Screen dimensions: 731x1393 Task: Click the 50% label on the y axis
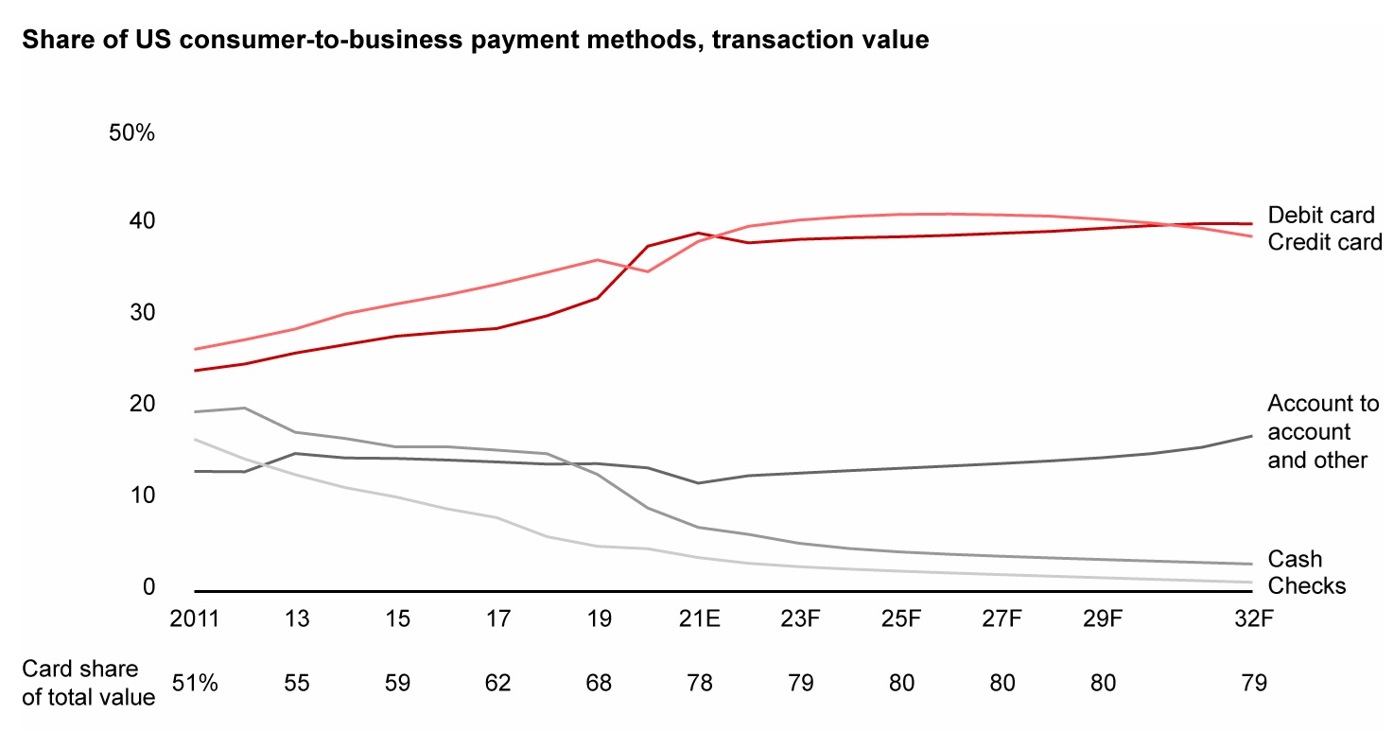[x=131, y=133]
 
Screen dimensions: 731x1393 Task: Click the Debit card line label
[x=1321, y=216]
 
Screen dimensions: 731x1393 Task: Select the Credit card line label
[x=1325, y=242]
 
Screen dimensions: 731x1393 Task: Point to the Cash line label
[x=1295, y=560]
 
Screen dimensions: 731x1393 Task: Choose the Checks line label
[x=1306, y=586]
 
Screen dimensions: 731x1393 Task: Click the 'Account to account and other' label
[x=1323, y=432]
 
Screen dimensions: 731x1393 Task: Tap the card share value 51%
[x=195, y=683]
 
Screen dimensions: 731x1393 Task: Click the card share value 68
[x=599, y=683]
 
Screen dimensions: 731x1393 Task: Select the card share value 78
[x=698, y=683]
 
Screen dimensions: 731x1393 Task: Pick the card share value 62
[x=498, y=683]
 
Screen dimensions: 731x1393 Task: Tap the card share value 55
[x=297, y=683]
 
